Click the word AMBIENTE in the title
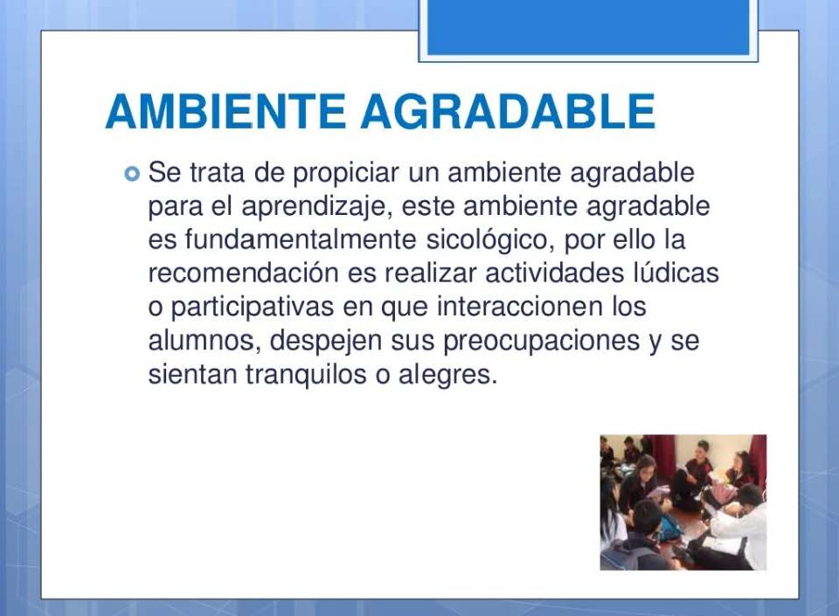(225, 111)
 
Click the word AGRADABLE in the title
(508, 111)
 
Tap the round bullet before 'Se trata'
(132, 174)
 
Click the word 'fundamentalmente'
(301, 239)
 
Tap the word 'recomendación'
(244, 273)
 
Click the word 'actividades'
(555, 273)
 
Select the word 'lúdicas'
(676, 273)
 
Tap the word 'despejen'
(326, 341)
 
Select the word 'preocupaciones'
(542, 341)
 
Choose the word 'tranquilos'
(306, 374)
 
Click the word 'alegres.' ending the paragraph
(447, 374)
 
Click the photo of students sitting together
(683, 502)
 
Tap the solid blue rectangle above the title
(588, 27)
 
